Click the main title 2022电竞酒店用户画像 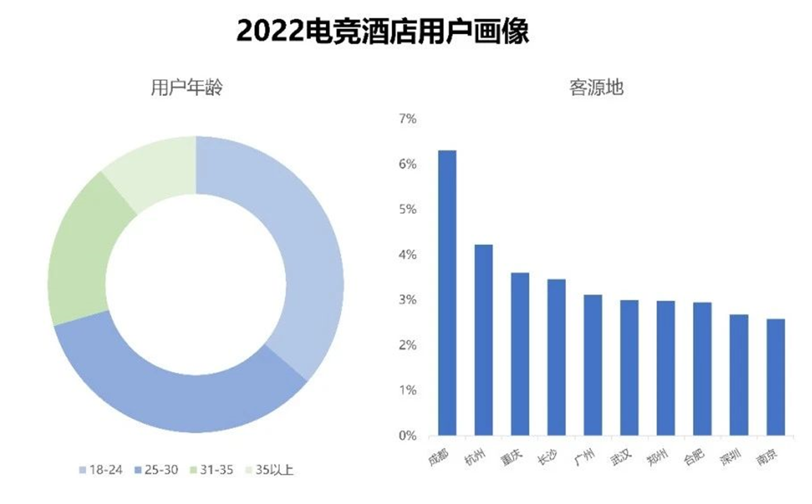(382, 31)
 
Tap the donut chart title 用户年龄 (187, 89)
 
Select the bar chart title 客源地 (596, 89)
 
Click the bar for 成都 (447, 292)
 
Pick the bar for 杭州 (483, 340)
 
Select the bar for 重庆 (520, 354)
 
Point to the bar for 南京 (775, 377)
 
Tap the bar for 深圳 (739, 375)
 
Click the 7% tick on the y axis (407, 119)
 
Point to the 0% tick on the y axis (407, 436)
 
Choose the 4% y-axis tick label (407, 255)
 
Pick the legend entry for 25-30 (156, 470)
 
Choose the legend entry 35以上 (269, 470)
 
